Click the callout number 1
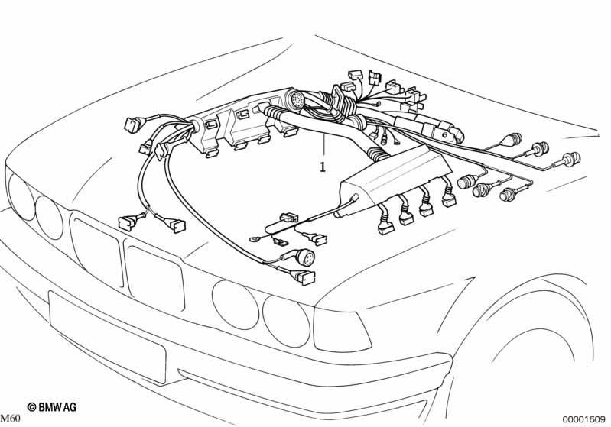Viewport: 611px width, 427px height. [x=323, y=165]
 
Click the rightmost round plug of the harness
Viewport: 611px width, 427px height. [x=570, y=161]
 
